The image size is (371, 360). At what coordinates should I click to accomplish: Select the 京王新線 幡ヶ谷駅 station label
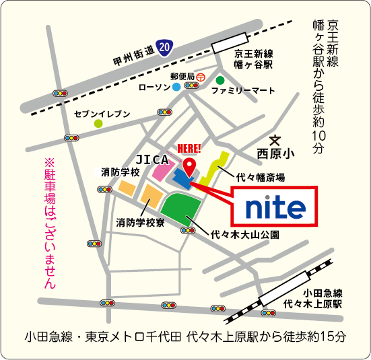tap(253, 60)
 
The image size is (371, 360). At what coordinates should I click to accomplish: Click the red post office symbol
tap(201, 77)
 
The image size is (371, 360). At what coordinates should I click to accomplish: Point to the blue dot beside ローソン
tap(176, 87)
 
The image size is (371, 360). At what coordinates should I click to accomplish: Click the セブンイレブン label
tap(102, 113)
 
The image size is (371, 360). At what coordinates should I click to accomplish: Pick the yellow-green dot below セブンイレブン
tap(98, 124)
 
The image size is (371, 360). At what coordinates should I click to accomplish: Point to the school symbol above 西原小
tap(275, 140)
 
